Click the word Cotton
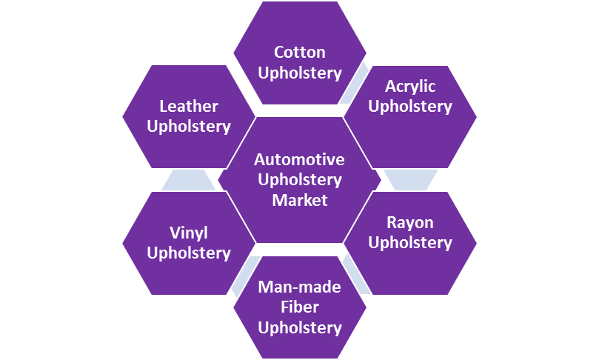(299, 53)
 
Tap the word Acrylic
(410, 87)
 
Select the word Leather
(188, 107)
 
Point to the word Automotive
(299, 160)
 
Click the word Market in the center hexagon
(299, 200)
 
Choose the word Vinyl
(188, 233)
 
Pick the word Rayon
(410, 223)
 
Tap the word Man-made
(299, 287)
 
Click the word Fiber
(299, 307)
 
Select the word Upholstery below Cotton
(299, 73)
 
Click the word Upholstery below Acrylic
(410, 107)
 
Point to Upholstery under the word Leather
(188, 127)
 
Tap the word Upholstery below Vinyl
(188, 253)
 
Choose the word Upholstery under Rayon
(410, 243)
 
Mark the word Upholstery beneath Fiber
(299, 327)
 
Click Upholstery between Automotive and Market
(299, 180)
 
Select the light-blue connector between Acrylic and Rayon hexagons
(410, 180)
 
